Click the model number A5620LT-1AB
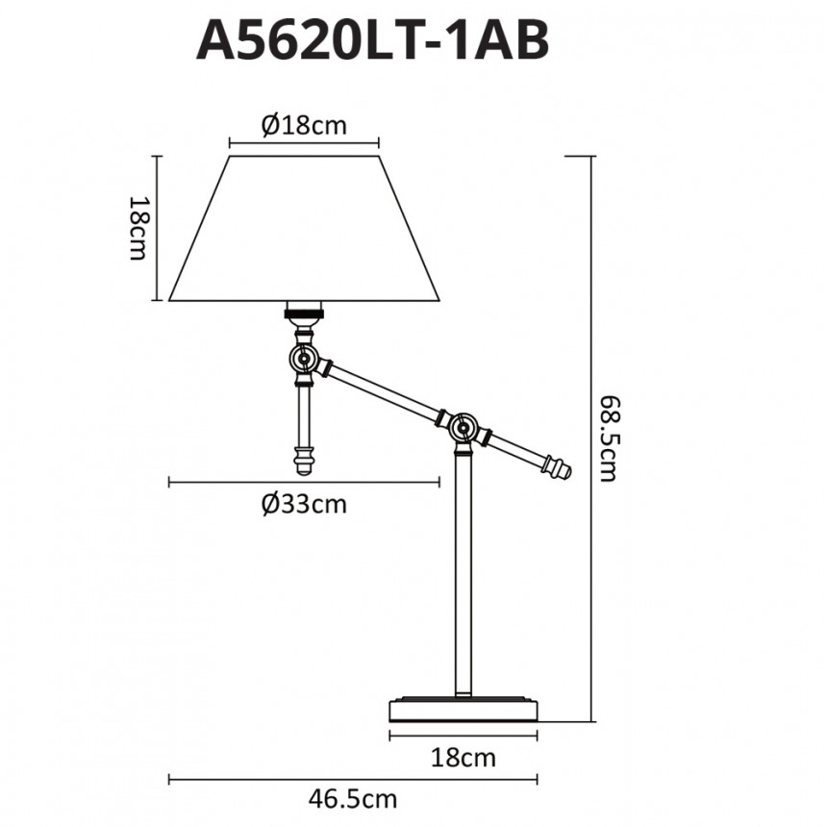373,40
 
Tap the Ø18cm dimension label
304,126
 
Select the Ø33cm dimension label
304,504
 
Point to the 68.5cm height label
608,439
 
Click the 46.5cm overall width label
352,799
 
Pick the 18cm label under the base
464,758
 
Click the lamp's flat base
464,710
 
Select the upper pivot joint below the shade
304,360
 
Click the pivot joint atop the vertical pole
464,428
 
